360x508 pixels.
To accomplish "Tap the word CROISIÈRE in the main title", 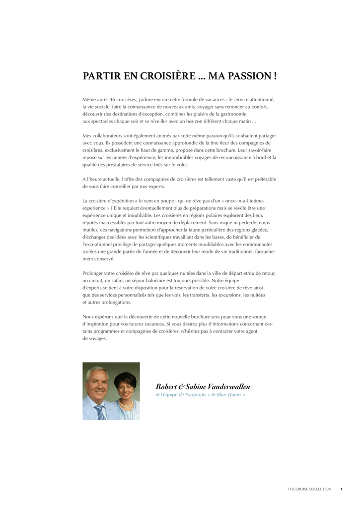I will [162, 76].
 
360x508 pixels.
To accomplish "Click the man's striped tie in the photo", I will [101, 411].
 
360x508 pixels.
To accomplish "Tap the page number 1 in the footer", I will [341, 489].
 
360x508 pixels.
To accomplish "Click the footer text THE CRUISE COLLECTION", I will [309, 489].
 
